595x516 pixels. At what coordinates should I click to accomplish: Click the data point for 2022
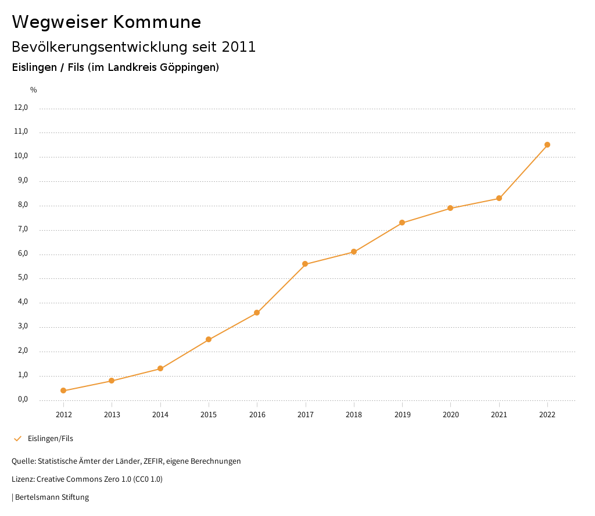(x=547, y=145)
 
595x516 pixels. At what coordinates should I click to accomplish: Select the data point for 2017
(x=305, y=264)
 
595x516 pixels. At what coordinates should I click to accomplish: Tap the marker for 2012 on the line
(x=63, y=390)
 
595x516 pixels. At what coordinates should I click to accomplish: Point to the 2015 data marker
(x=209, y=339)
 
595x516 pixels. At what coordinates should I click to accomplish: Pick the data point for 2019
(x=402, y=223)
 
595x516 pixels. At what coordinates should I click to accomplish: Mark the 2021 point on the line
(x=499, y=198)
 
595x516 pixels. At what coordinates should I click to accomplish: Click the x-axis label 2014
(x=160, y=414)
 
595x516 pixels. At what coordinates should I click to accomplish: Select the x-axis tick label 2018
(x=354, y=414)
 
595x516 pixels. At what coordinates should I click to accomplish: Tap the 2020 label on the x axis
(x=450, y=414)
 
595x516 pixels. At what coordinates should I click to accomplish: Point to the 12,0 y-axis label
(x=21, y=107)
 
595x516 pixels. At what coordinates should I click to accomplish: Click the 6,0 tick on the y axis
(x=23, y=254)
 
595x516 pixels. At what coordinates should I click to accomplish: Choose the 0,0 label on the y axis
(x=23, y=399)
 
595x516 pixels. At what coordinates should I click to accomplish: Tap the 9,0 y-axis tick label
(x=23, y=181)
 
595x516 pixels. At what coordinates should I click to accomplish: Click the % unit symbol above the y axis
(x=34, y=89)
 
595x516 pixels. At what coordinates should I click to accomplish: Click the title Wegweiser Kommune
(x=106, y=22)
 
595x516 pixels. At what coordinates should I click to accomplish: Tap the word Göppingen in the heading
(x=191, y=67)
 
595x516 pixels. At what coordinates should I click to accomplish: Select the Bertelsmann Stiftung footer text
(x=52, y=497)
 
